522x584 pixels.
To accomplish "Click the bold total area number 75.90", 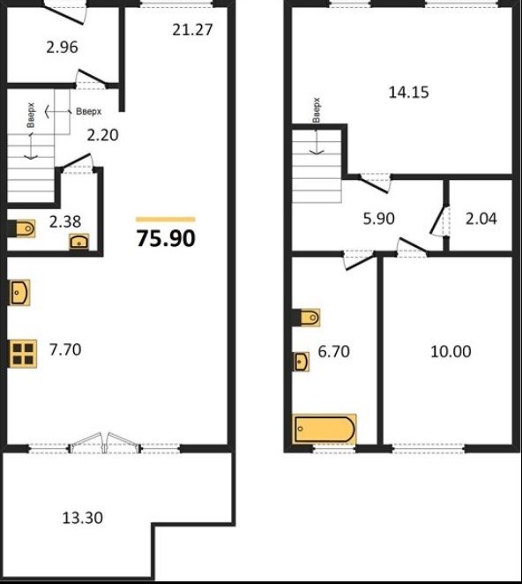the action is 166,238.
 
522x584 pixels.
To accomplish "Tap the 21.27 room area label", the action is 192,30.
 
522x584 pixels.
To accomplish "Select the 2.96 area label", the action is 63,48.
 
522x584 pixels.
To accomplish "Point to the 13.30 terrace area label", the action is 82,518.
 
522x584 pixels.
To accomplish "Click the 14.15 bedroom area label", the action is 409,92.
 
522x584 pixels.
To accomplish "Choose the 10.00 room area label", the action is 451,351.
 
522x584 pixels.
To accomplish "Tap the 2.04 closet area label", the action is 481,219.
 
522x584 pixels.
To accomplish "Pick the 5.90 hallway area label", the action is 378,219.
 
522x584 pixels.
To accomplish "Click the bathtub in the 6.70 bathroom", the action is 324,429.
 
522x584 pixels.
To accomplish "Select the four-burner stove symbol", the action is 23,354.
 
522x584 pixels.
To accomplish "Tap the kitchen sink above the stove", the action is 19,293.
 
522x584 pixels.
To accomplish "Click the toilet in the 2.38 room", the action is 26,228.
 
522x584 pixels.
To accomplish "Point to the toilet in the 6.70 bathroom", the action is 309,318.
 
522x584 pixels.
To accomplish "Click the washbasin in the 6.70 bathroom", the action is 302,362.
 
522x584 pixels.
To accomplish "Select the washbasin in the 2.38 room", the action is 79,242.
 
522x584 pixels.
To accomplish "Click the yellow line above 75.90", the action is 165,220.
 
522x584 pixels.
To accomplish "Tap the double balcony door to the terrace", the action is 105,443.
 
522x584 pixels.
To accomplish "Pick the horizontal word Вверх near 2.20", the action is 88,111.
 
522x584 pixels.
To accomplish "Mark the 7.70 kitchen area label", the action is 65,349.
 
